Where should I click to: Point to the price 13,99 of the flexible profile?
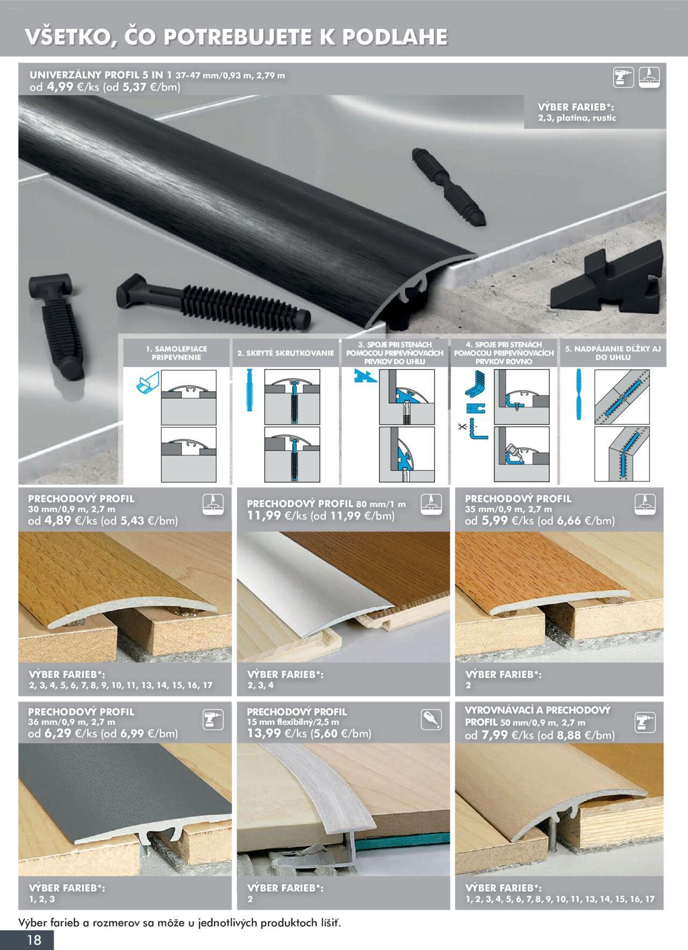tap(264, 733)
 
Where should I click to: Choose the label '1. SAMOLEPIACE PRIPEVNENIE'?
tap(176, 353)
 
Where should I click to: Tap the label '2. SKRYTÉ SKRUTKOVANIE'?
tap(285, 353)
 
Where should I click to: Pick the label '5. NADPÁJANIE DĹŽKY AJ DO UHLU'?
tap(613, 353)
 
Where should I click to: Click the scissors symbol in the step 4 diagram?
tap(462, 427)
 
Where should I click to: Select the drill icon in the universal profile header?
tap(623, 77)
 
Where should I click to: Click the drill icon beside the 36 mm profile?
tap(213, 719)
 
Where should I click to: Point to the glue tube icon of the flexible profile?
tap(431, 719)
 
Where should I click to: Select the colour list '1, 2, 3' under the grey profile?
tap(42, 899)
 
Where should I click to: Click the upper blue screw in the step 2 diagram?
tap(249, 391)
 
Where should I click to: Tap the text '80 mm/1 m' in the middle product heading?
tap(381, 504)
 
